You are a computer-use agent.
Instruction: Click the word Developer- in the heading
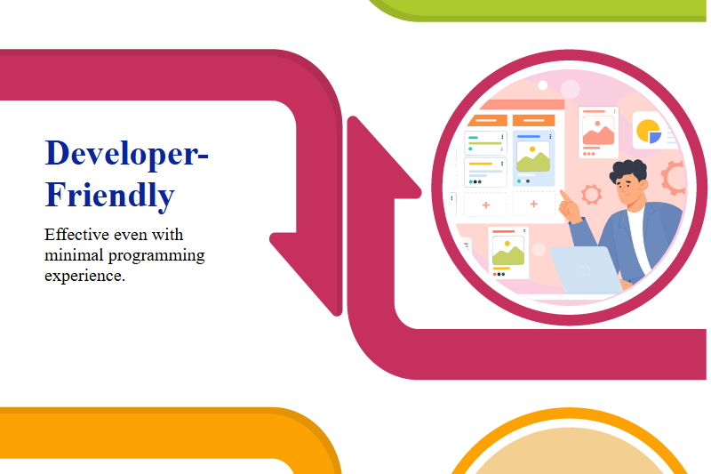[127, 153]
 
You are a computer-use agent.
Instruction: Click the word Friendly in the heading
[109, 195]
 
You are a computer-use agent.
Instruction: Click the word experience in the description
[84, 276]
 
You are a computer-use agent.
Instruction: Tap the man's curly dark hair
[630, 172]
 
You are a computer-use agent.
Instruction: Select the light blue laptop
[584, 269]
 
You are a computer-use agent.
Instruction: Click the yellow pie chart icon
[649, 131]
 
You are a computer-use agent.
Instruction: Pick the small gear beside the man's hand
[591, 193]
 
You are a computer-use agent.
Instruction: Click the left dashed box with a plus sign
[485, 205]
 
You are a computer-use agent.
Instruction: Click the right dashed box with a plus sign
[533, 205]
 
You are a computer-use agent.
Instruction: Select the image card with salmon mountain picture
[598, 132]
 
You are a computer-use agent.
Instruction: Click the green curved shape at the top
[533, 9]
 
